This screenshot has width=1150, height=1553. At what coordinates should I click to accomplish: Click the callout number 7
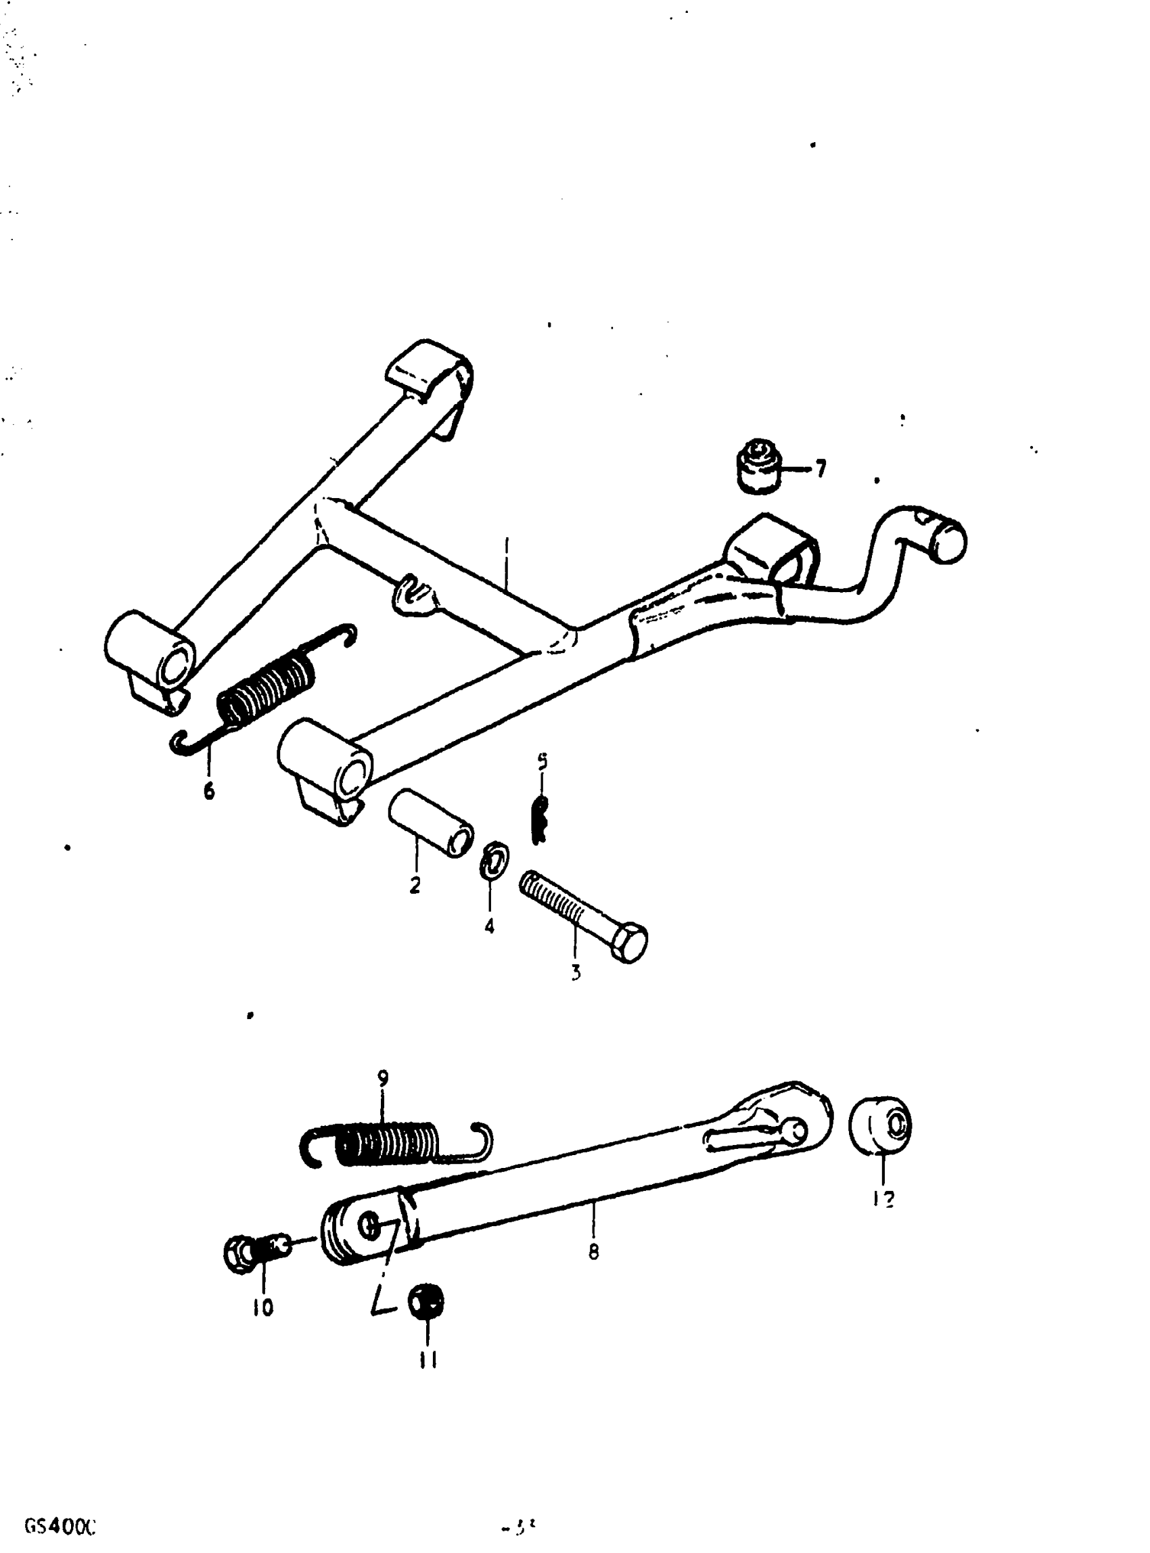(821, 469)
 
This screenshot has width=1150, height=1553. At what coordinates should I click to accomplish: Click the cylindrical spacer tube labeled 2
(431, 821)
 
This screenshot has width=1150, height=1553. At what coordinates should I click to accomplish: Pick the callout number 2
(415, 885)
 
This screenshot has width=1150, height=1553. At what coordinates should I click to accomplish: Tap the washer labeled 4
(495, 862)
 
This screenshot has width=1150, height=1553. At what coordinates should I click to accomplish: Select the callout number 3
(576, 972)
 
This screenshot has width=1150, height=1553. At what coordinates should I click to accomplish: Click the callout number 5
(542, 761)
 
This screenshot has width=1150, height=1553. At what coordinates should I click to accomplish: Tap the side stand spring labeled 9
(390, 1144)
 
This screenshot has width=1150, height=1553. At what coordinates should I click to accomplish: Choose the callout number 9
(383, 1078)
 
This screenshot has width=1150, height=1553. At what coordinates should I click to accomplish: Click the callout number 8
(593, 1253)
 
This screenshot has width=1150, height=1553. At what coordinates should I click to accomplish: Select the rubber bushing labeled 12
(881, 1125)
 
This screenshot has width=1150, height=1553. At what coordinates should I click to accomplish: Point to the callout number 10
(263, 1308)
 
